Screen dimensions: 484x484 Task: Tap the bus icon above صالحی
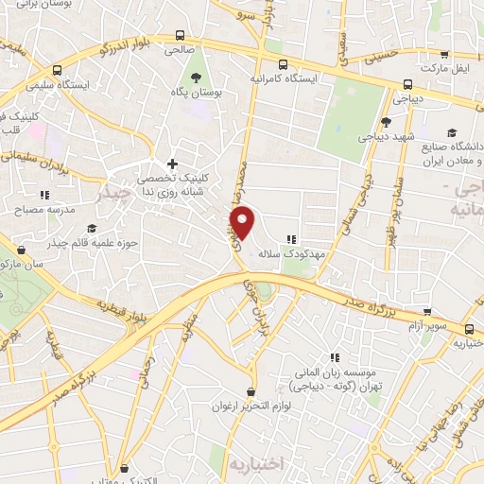click(x=180, y=36)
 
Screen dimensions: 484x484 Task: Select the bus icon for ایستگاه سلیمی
click(x=59, y=70)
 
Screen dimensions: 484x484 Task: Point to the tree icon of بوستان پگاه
click(x=197, y=78)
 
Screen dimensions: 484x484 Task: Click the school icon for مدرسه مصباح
click(x=44, y=195)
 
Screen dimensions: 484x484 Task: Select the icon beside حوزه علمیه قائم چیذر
click(x=92, y=228)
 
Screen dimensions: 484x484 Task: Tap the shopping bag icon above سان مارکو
click(x=21, y=251)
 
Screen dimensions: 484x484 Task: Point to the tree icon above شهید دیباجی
click(x=386, y=122)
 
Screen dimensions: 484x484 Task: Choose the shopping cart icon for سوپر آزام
click(x=428, y=311)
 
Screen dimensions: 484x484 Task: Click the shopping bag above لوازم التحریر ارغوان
click(x=250, y=391)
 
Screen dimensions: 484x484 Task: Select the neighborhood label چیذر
click(x=111, y=196)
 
